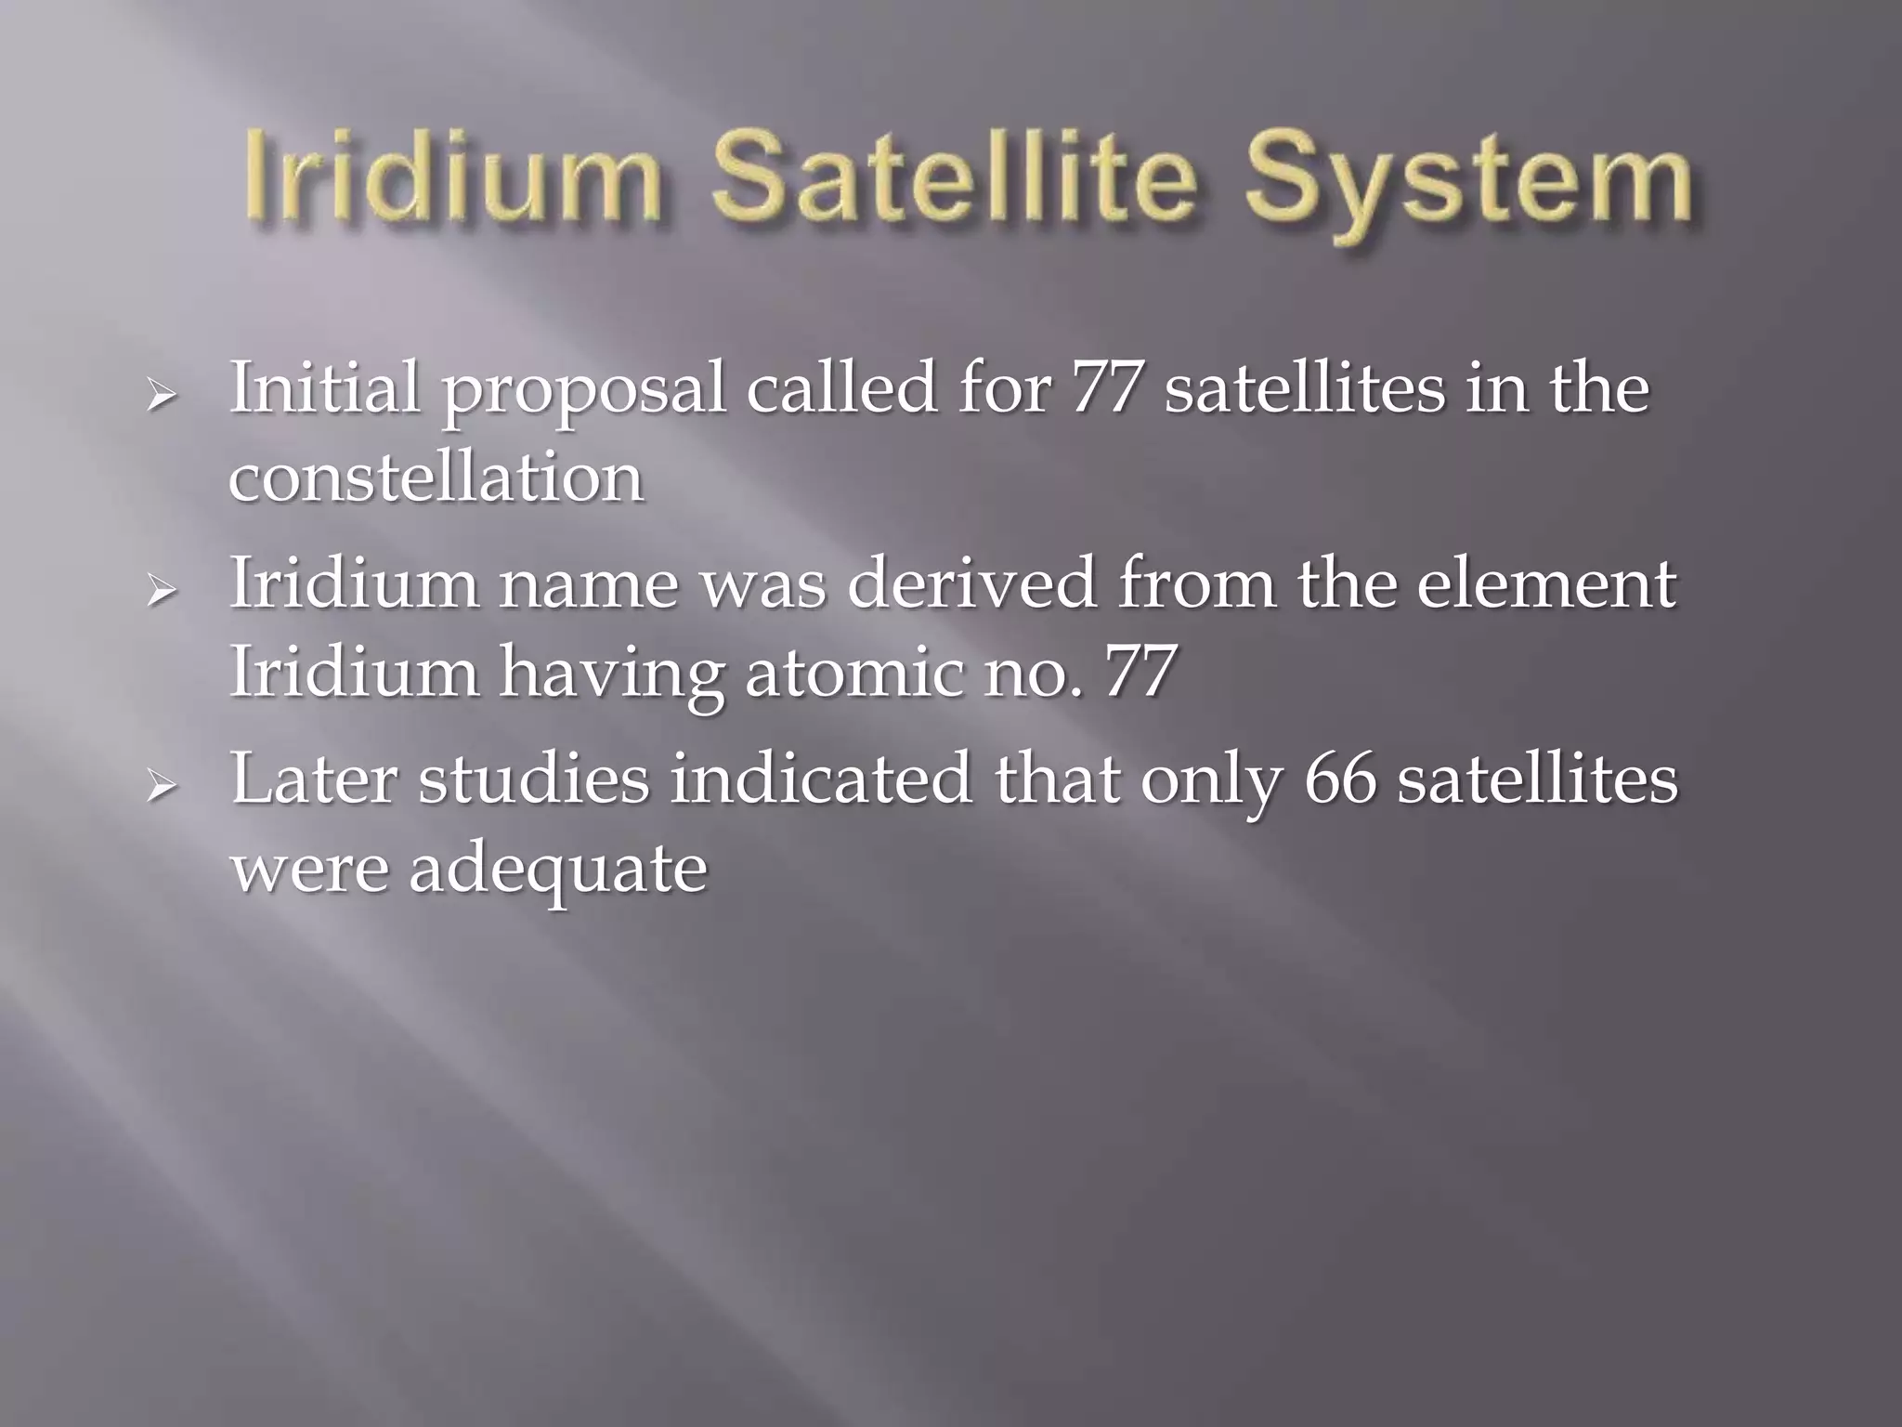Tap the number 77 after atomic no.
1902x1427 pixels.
1140,671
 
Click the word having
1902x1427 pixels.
611,674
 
